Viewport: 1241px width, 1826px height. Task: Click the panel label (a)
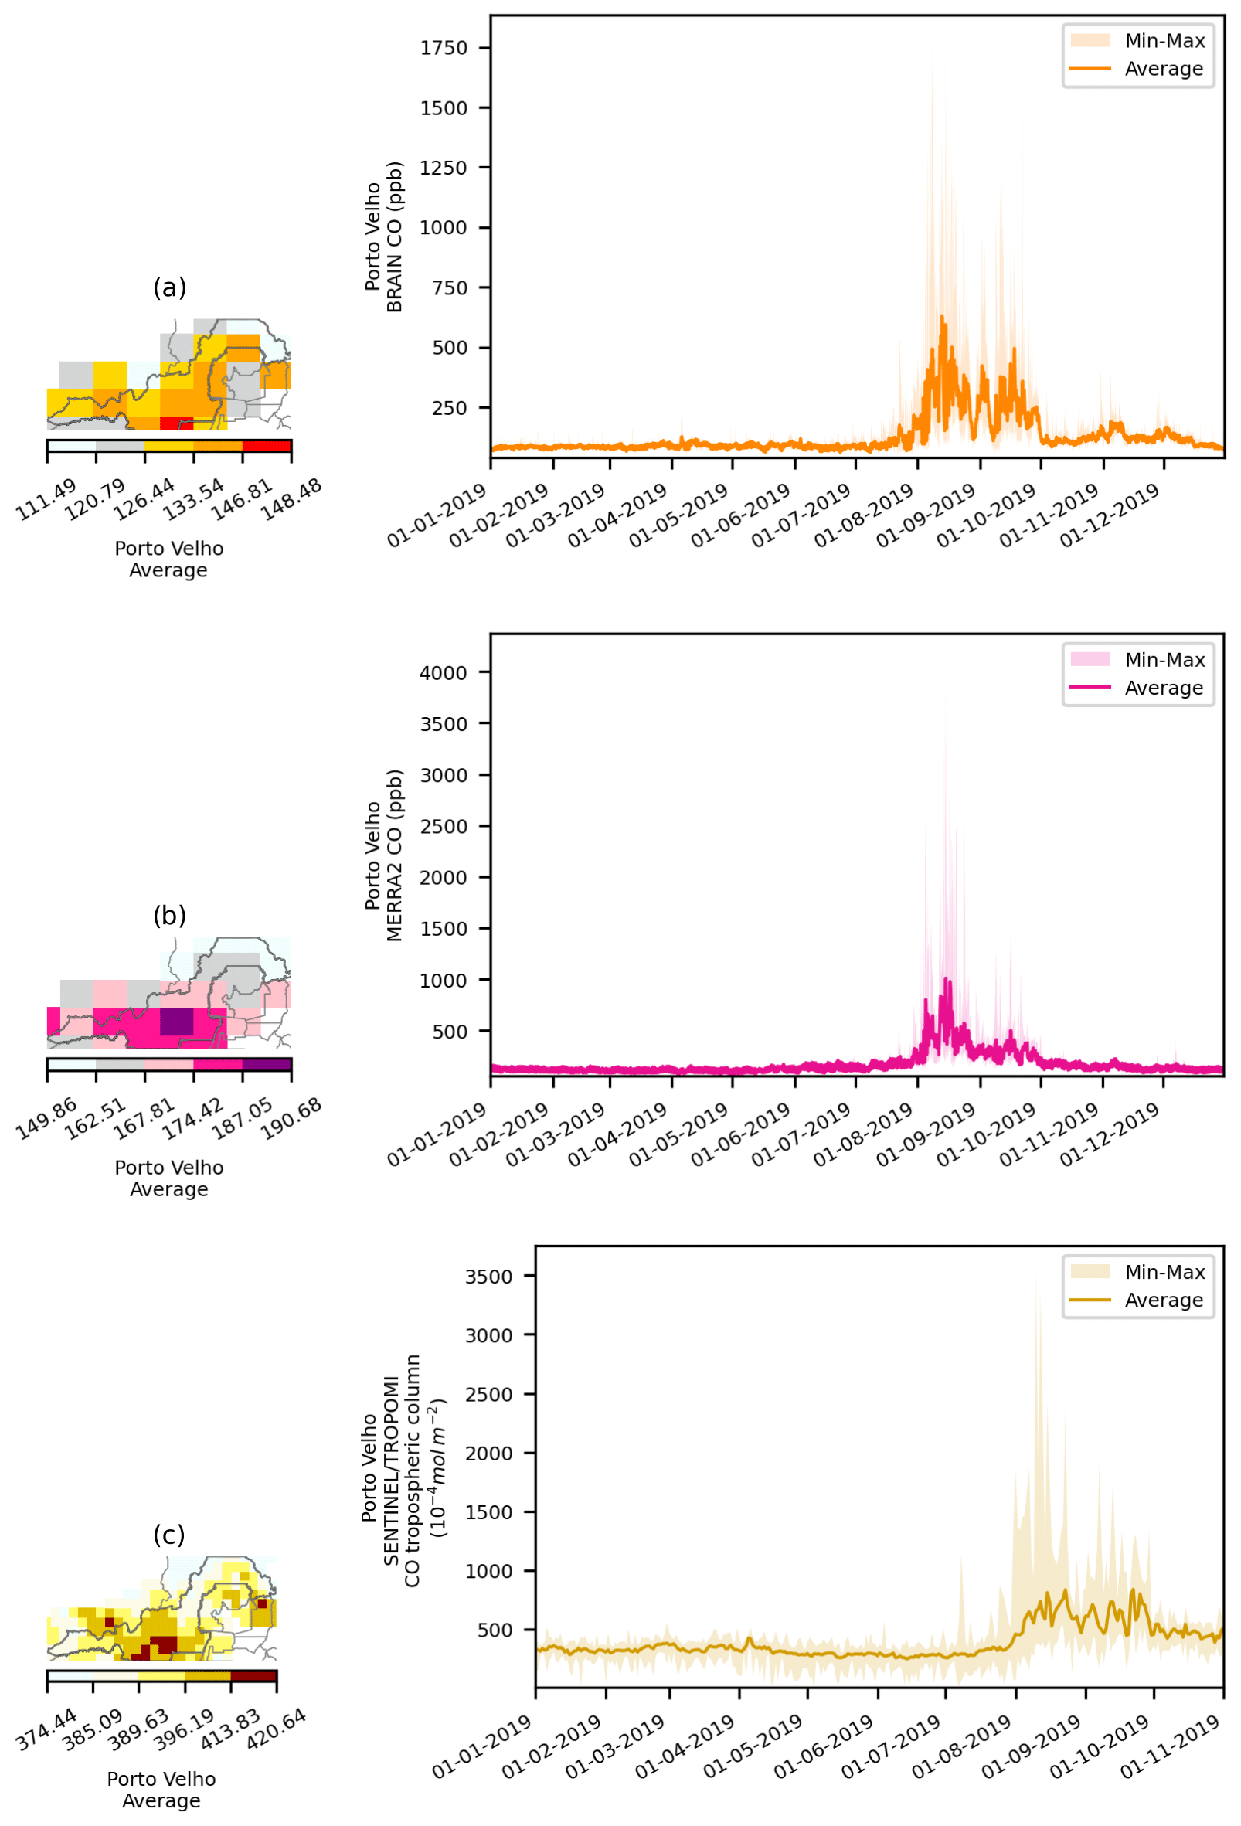(x=170, y=287)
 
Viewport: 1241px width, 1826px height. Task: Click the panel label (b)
(x=170, y=916)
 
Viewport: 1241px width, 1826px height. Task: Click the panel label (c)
(x=170, y=1535)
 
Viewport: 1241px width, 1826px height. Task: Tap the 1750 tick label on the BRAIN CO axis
(x=444, y=48)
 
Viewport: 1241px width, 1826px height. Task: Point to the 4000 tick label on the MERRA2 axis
(x=444, y=672)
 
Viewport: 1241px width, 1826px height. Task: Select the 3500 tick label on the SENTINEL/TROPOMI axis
(x=489, y=1276)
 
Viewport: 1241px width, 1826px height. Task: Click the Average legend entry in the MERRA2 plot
(x=1164, y=688)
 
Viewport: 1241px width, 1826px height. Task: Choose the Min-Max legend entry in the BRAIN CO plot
(x=1164, y=41)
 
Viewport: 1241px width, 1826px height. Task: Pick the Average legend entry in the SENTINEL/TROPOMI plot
(x=1164, y=1300)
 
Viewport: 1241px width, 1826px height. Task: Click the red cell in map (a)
(x=177, y=423)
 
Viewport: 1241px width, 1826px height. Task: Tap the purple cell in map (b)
(x=177, y=1022)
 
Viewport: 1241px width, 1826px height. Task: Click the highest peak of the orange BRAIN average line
(x=943, y=317)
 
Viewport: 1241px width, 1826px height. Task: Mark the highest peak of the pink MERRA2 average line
(x=947, y=978)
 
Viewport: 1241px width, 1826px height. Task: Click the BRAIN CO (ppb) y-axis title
(x=395, y=236)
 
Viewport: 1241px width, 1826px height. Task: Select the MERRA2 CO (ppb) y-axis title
(x=395, y=855)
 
